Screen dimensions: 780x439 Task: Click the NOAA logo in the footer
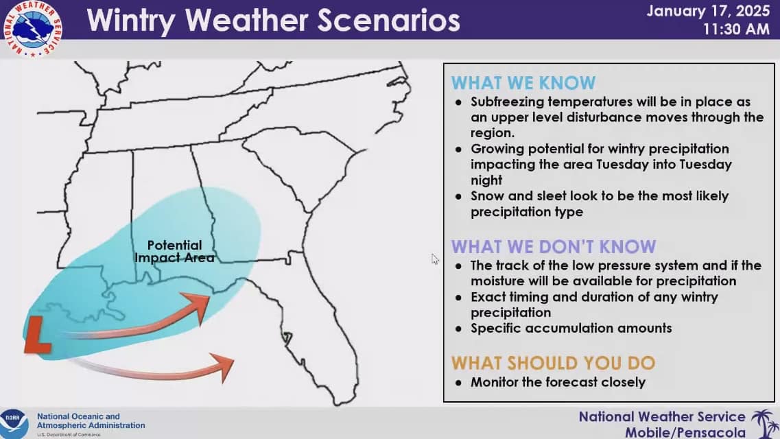[x=14, y=424]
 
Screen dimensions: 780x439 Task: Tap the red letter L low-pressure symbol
[x=38, y=335]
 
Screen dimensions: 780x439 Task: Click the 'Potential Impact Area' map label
[x=175, y=251]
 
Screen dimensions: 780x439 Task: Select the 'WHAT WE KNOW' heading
[x=523, y=82]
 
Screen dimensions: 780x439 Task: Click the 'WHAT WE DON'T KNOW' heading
[x=554, y=247]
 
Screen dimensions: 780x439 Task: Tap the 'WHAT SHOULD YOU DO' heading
[x=553, y=363]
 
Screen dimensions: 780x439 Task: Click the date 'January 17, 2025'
[x=709, y=11]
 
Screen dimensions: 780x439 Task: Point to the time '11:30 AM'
[x=736, y=29]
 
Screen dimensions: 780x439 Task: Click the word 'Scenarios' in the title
[x=388, y=21]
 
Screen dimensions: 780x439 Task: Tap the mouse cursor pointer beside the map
[x=435, y=259]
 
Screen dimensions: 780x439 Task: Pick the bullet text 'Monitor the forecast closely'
[x=558, y=382]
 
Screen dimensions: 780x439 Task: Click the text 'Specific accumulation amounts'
[x=571, y=328]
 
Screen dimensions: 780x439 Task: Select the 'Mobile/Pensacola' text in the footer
[x=685, y=432]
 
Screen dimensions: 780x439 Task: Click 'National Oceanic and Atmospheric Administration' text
[x=91, y=421]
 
